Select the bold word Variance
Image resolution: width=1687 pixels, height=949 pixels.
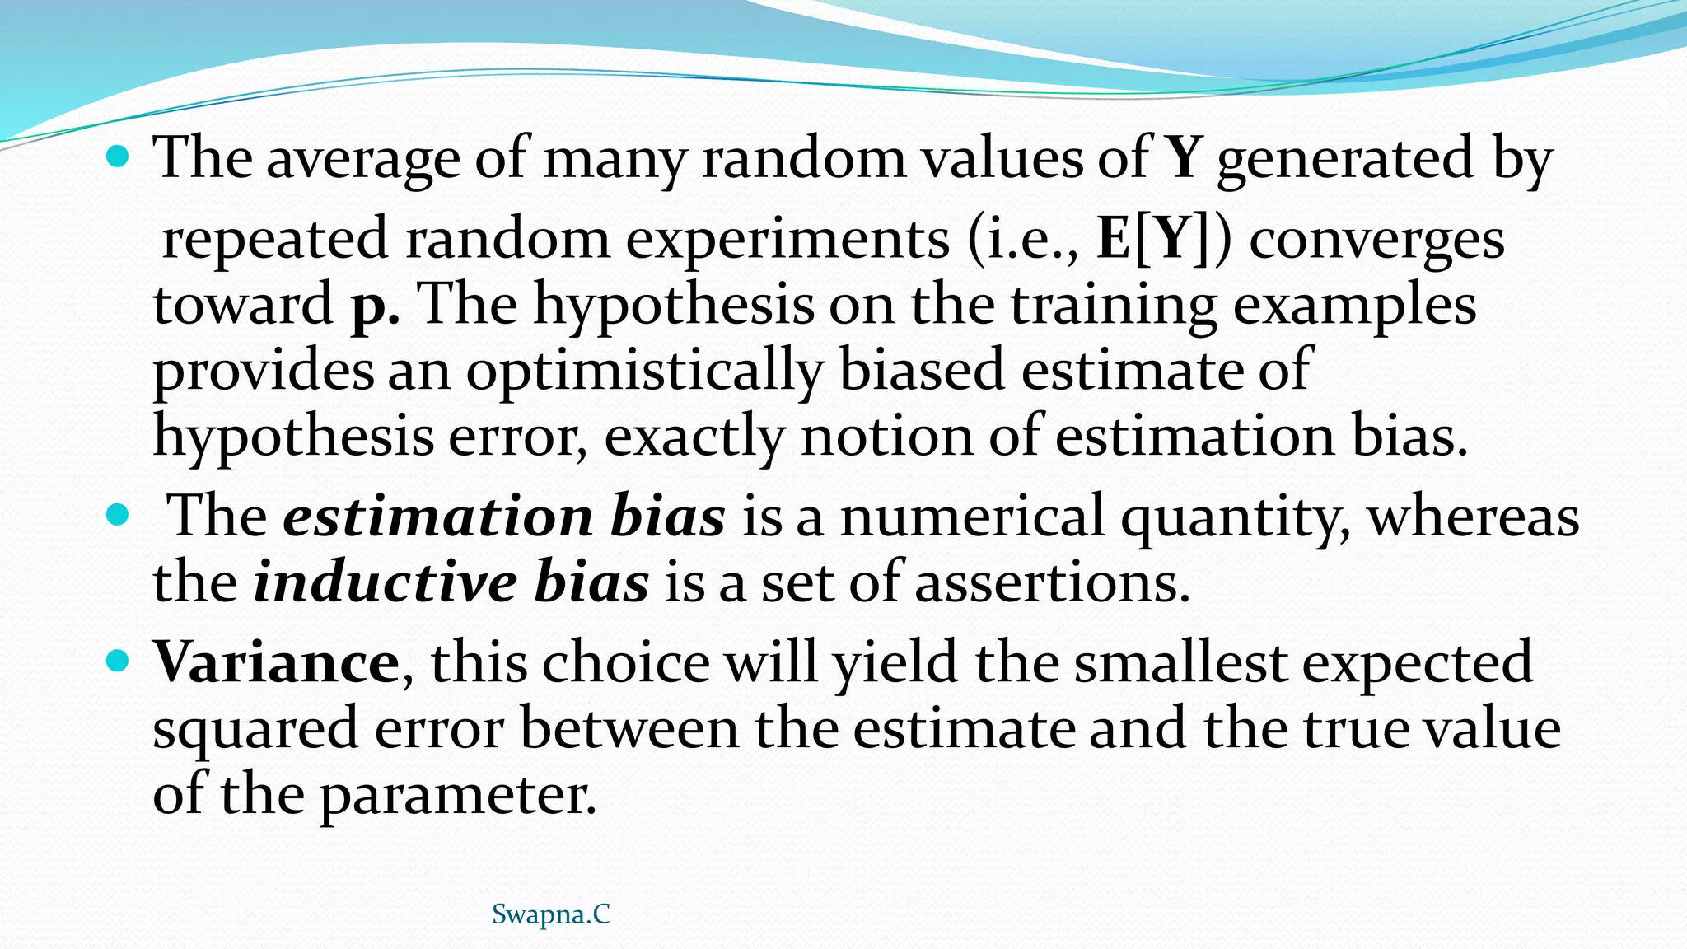(x=277, y=662)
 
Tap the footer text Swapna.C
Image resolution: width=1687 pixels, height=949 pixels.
(x=550, y=914)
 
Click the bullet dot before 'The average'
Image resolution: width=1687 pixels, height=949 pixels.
(x=119, y=155)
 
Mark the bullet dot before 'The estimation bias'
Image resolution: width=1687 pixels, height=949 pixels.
(x=119, y=516)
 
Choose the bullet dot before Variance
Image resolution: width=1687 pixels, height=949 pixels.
(x=119, y=660)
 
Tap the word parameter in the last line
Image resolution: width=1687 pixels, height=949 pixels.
(x=457, y=794)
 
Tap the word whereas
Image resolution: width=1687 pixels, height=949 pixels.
(x=1474, y=517)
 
